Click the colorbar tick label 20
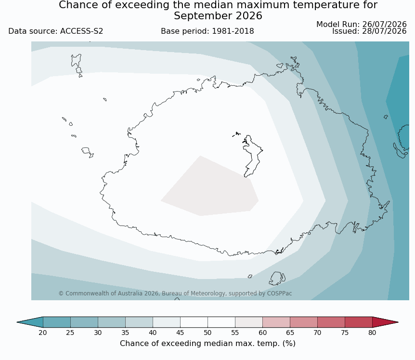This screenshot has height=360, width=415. (x=43, y=333)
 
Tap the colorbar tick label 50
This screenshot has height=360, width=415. (x=207, y=333)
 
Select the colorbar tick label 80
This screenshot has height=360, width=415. (x=372, y=333)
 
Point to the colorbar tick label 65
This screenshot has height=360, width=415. (x=290, y=333)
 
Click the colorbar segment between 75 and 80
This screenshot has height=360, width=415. (x=359, y=322)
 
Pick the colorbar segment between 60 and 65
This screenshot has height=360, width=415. (x=276, y=322)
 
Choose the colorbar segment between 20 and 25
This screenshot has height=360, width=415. (x=57, y=322)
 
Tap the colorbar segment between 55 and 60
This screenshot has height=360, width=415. (x=249, y=322)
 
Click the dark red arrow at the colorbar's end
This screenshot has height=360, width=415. (x=384, y=322)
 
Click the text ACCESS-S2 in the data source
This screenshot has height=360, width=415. (x=81, y=31)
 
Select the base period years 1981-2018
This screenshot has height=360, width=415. (x=233, y=31)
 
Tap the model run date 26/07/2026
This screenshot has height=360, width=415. (x=384, y=25)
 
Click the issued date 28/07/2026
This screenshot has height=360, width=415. (x=384, y=31)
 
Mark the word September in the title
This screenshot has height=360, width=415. (x=203, y=16)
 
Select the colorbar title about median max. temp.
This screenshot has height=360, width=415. (x=207, y=343)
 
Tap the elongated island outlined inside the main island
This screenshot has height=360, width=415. (x=252, y=156)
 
